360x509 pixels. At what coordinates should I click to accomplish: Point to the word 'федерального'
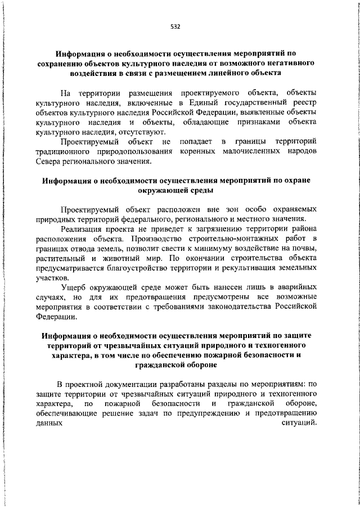(164, 218)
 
